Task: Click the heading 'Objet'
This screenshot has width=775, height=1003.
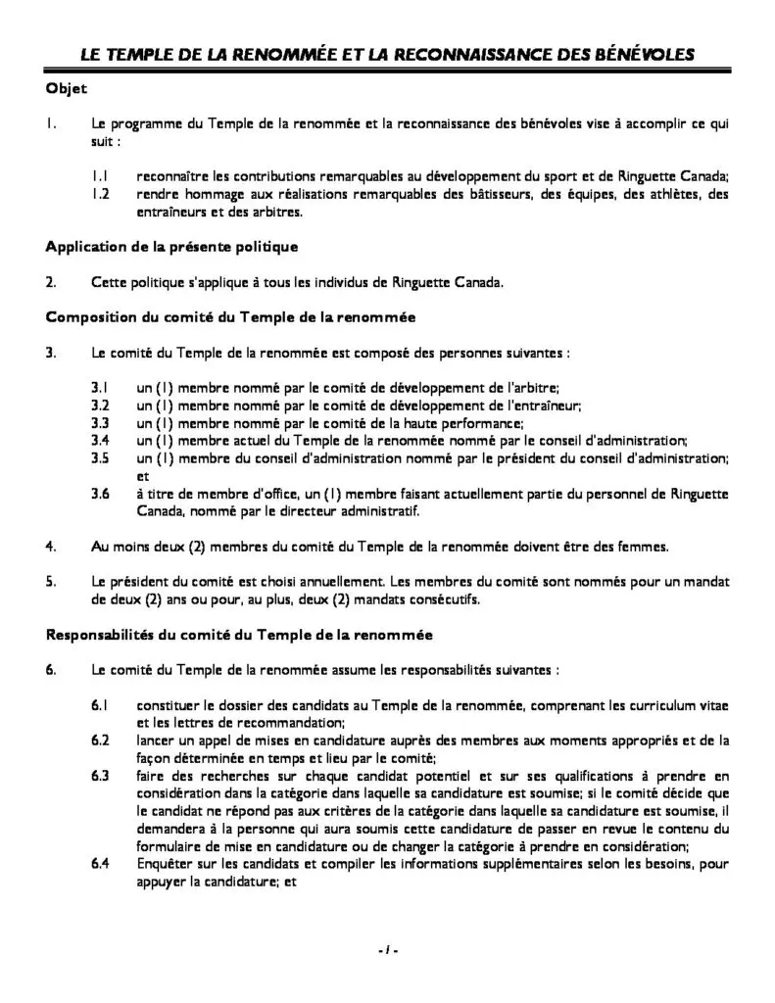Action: pyautogui.click(x=67, y=89)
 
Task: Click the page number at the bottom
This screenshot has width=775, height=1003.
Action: pyautogui.click(x=387, y=949)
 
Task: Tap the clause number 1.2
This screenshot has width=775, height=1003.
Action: pyautogui.click(x=100, y=194)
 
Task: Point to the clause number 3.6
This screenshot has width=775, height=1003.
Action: pyautogui.click(x=100, y=493)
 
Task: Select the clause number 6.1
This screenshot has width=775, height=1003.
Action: pyautogui.click(x=100, y=705)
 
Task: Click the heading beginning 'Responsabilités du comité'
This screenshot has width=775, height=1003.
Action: pyautogui.click(x=239, y=635)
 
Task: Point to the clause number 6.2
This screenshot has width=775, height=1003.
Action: pyautogui.click(x=100, y=740)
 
